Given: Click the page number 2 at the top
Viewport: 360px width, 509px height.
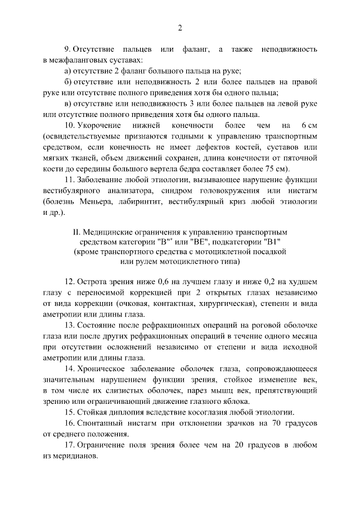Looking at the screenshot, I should (180, 28).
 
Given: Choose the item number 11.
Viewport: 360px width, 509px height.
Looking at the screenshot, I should (70, 180).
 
